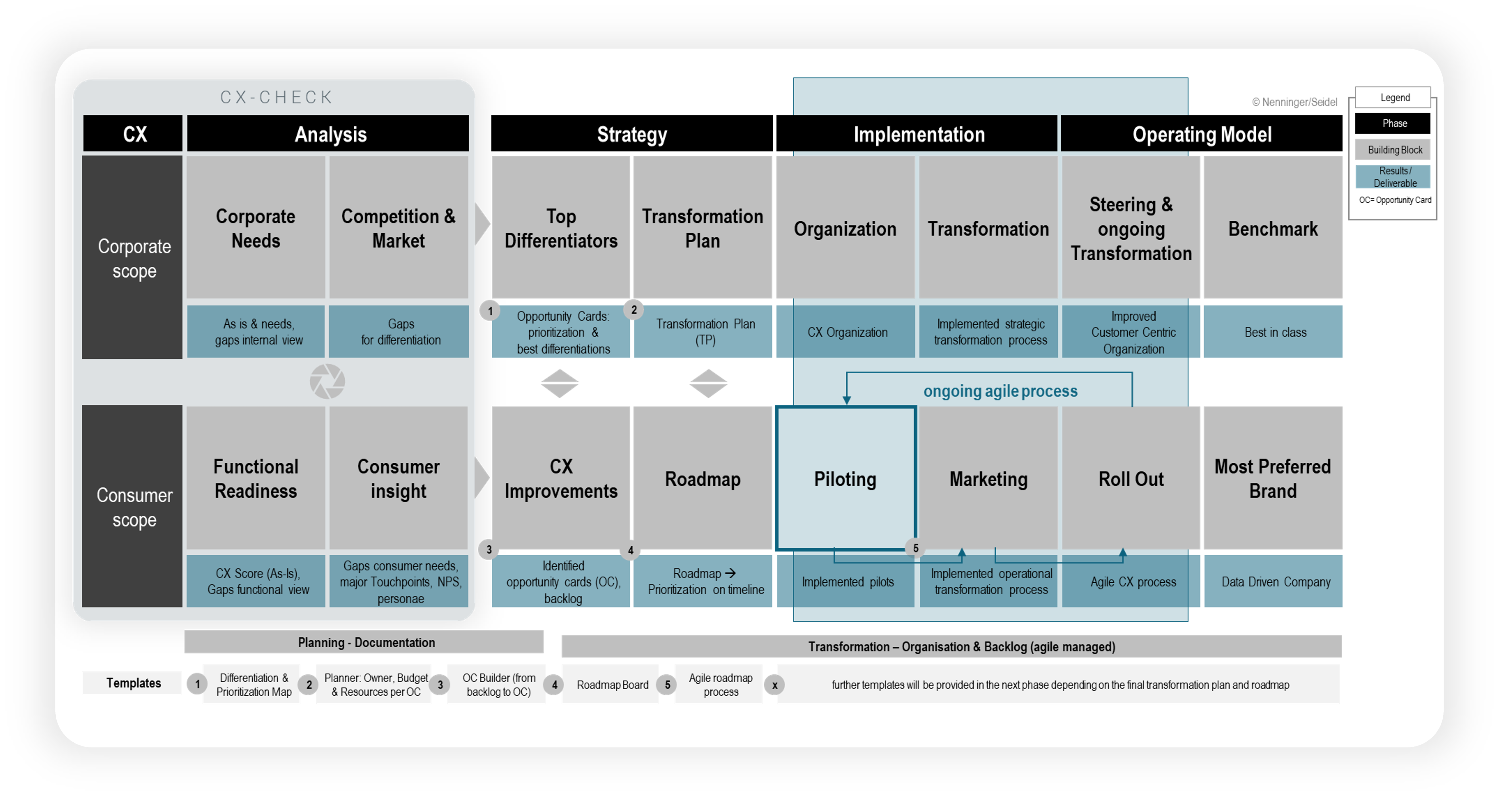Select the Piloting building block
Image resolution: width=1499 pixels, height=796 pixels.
[845, 478]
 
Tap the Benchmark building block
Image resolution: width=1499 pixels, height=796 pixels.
[1273, 228]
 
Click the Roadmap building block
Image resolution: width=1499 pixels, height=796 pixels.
[703, 478]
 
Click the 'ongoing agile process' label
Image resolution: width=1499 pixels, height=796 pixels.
[1000, 391]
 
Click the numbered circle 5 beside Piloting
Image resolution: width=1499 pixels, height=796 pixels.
[915, 548]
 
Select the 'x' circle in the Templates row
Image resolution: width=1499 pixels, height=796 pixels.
[775, 685]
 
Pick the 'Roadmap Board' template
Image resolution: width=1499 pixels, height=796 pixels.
[612, 685]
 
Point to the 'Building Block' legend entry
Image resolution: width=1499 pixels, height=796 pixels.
[1394, 150]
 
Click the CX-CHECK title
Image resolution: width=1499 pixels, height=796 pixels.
[276, 97]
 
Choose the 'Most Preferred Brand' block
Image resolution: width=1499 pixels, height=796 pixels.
[1273, 478]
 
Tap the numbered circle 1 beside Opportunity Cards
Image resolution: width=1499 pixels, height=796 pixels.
[490, 311]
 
